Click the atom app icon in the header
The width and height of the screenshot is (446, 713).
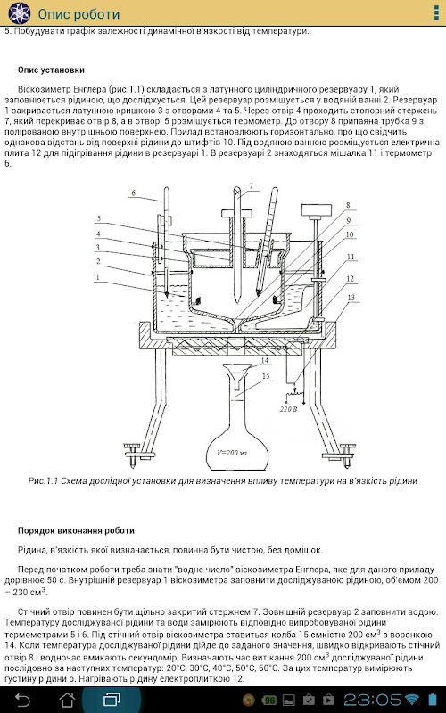click(19, 13)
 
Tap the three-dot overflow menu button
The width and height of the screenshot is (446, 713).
click(436, 13)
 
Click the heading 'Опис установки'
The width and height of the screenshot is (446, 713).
click(51, 70)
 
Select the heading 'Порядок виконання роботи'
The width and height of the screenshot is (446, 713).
click(76, 530)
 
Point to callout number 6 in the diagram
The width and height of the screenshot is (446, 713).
click(133, 193)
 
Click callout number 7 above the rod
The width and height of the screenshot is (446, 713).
click(251, 186)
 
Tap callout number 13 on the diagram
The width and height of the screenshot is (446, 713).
click(351, 298)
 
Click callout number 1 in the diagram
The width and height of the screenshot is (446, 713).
click(98, 276)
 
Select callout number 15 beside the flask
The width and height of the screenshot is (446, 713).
click(266, 376)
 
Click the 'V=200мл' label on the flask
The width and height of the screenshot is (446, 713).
click(233, 453)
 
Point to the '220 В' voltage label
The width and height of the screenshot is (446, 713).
click(288, 409)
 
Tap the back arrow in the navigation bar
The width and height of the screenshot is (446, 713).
click(23, 700)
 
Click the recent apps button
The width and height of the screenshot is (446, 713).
click(111, 700)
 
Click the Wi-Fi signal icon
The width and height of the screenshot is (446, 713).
click(412, 700)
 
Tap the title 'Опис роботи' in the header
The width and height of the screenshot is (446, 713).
click(78, 14)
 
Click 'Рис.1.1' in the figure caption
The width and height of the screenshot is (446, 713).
click(43, 480)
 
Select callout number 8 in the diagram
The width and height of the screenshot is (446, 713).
click(348, 205)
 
